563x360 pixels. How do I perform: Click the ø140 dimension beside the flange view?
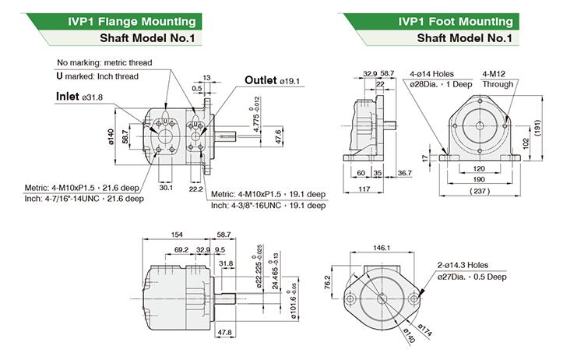pos(111,138)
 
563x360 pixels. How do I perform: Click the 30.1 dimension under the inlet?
pos(166,187)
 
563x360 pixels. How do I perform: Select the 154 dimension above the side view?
pos(177,235)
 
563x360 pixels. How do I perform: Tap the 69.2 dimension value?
pos(181,249)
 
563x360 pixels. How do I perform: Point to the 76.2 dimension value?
pos(327,281)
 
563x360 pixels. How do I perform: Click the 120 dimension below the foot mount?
pos(481,168)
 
